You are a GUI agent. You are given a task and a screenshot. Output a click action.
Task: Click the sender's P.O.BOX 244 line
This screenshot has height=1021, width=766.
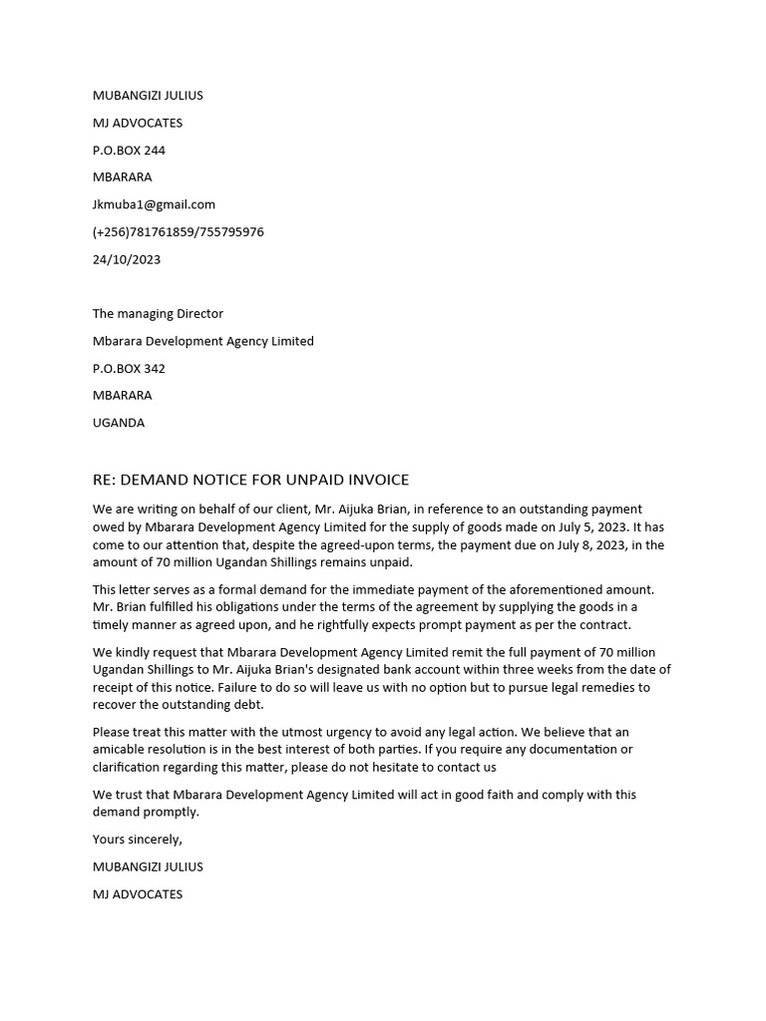129,151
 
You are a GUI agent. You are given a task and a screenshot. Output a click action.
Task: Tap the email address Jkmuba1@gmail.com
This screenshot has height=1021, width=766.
154,204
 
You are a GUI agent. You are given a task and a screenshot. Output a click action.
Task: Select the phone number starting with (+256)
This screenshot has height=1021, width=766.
178,232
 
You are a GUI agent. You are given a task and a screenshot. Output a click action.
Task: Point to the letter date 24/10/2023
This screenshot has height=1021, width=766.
127,259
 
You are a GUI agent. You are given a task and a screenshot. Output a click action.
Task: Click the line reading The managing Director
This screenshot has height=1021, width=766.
158,313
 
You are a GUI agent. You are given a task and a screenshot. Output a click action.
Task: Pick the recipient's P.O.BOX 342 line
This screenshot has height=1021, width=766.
129,368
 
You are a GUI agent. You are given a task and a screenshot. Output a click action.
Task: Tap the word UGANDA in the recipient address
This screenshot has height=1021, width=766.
119,423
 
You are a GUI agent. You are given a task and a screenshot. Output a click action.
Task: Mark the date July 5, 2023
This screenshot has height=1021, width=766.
575,526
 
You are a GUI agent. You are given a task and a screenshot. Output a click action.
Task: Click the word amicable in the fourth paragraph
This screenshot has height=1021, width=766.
119,749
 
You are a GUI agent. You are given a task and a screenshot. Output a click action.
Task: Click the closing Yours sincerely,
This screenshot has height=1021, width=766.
138,840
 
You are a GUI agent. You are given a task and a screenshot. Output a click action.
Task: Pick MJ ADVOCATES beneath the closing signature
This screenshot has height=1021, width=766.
138,894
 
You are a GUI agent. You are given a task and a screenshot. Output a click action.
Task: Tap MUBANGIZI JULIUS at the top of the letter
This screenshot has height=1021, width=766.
148,96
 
